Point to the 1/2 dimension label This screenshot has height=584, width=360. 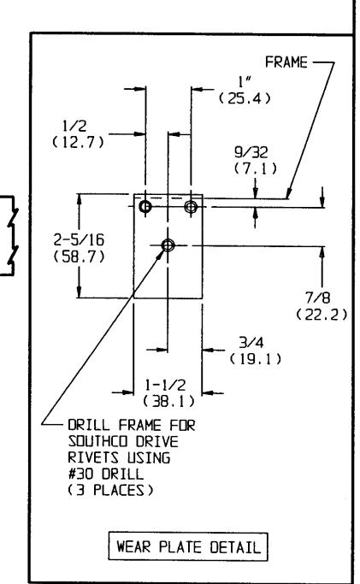coord(76,127)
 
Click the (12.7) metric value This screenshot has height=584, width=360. coord(76,142)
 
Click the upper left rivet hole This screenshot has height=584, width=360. coord(145,207)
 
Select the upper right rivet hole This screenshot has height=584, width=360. coord(190,207)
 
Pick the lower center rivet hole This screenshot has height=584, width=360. coord(167,245)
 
